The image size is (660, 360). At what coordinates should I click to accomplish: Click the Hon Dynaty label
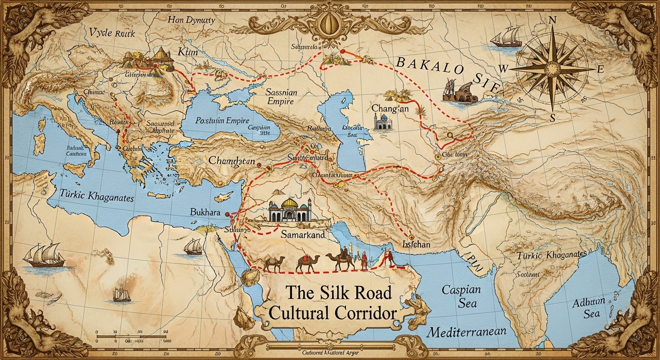point(191,20)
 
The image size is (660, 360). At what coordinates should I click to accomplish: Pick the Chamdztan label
point(232,161)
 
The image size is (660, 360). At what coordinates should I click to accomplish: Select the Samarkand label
point(302,234)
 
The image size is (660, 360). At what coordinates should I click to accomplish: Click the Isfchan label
point(416,244)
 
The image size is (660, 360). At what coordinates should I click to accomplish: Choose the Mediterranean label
point(466,332)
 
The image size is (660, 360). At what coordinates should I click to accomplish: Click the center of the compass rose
point(552,70)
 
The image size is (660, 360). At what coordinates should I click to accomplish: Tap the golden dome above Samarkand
point(289,203)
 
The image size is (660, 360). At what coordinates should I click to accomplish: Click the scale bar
point(132,336)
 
